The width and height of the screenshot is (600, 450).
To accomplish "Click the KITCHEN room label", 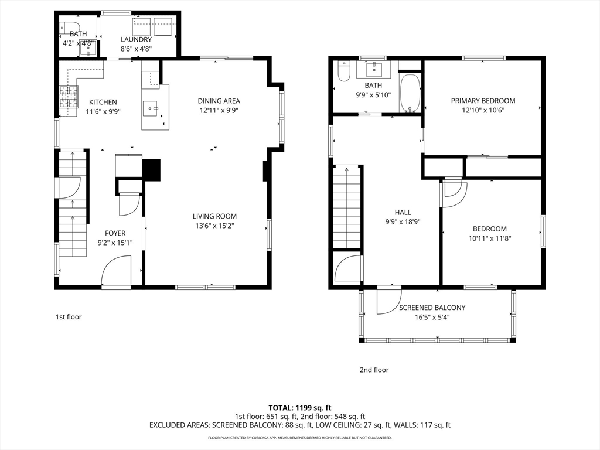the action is coord(103,102).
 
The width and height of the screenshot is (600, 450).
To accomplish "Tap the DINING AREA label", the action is coord(219,101).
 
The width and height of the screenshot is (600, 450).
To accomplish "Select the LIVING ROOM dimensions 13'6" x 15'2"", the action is coord(214,226).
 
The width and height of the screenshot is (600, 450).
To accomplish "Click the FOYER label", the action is coord(115,233).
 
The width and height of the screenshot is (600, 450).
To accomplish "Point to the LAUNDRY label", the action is coord(136,39).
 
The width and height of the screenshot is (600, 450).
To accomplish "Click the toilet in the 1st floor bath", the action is coord(70,28).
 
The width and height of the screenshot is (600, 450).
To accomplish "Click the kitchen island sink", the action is coord(151,108).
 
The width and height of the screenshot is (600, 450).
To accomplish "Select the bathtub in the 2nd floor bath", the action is coord(410,93).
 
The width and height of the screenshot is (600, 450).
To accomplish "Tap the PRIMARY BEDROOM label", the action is coord(483,101).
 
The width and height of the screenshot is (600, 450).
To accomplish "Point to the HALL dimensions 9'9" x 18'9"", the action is coord(403,222).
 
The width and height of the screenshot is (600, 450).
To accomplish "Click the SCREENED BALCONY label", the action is coord(432,308).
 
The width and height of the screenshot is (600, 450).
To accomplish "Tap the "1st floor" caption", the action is coord(69,317).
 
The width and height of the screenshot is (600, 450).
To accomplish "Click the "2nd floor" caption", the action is coord(374,370).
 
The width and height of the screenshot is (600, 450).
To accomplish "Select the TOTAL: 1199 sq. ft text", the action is coord(299,408).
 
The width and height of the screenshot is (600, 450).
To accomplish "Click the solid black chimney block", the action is coord(151,170).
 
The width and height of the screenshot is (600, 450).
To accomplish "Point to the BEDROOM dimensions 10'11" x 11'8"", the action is coord(490,238).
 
